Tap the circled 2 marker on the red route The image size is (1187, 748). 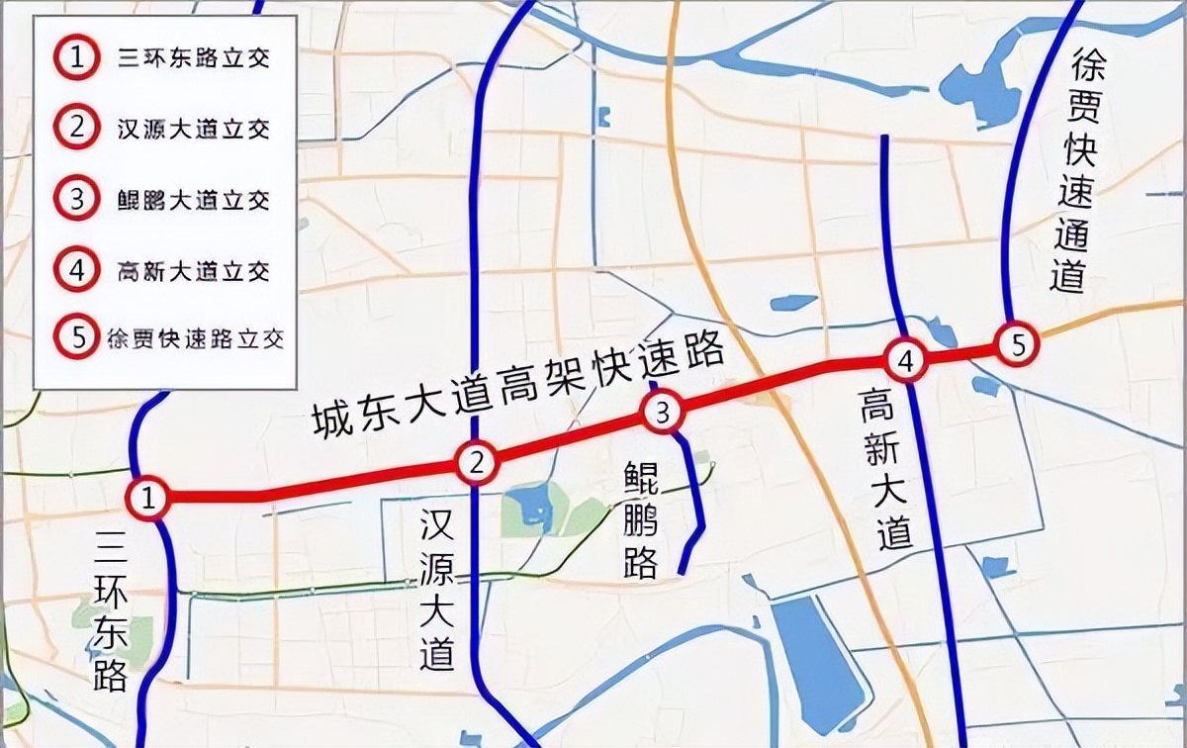pyautogui.click(x=477, y=461)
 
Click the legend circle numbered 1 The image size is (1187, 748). pyautogui.click(x=76, y=57)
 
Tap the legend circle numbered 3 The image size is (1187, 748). pyautogui.click(x=76, y=198)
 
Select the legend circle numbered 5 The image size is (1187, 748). pyautogui.click(x=76, y=338)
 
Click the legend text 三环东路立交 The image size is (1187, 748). pyautogui.click(x=193, y=58)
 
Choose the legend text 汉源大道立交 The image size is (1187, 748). pyautogui.click(x=193, y=129)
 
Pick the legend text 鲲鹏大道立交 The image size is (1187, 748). pyautogui.click(x=193, y=199)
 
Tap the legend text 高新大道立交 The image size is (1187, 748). pyautogui.click(x=193, y=269)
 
